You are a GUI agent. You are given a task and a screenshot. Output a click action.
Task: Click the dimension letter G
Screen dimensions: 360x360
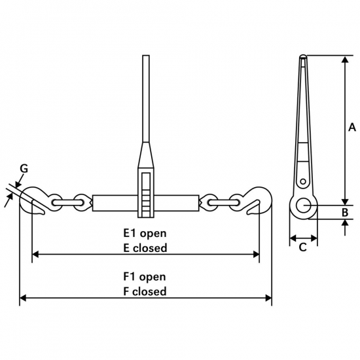[24, 169]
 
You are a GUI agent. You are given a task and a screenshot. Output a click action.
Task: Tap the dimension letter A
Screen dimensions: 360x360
[352, 127]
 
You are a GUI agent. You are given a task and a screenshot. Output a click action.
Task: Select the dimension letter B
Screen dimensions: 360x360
[345, 212]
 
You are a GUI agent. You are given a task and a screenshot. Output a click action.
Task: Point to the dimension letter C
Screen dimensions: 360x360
[303, 247]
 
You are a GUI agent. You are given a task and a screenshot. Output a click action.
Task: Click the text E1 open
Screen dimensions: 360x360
[145, 234]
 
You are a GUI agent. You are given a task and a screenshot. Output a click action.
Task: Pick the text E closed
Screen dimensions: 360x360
[145, 248]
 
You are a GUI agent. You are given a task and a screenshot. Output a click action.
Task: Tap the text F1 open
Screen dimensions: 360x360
[145, 277]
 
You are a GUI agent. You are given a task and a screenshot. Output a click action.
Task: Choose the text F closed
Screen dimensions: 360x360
[145, 291]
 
